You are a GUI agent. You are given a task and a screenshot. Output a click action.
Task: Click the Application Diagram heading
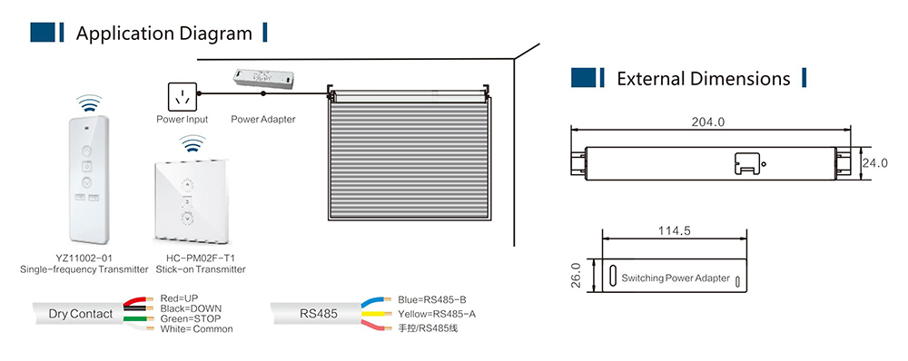[163, 33]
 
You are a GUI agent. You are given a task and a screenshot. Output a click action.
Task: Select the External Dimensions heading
[704, 78]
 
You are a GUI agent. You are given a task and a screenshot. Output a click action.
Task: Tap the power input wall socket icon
[182, 97]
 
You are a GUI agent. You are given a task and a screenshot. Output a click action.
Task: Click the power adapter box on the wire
[263, 79]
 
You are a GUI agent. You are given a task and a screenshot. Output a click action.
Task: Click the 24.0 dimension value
[874, 163]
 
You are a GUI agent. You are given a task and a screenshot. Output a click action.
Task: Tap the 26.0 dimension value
[577, 275]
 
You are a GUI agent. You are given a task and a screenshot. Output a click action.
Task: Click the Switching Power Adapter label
[676, 278]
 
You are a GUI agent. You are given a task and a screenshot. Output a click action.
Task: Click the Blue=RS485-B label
[432, 299]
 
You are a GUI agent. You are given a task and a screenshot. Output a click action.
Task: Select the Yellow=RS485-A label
[438, 314]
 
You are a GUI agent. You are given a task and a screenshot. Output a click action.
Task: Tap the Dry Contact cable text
[81, 314]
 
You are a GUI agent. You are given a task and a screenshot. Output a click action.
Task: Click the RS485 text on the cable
[319, 314]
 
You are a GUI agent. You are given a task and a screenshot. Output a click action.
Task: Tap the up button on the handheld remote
[86, 151]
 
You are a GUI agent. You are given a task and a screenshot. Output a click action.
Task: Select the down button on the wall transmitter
[188, 219]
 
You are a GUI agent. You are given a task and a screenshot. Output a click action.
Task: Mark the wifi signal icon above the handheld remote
[89, 103]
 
